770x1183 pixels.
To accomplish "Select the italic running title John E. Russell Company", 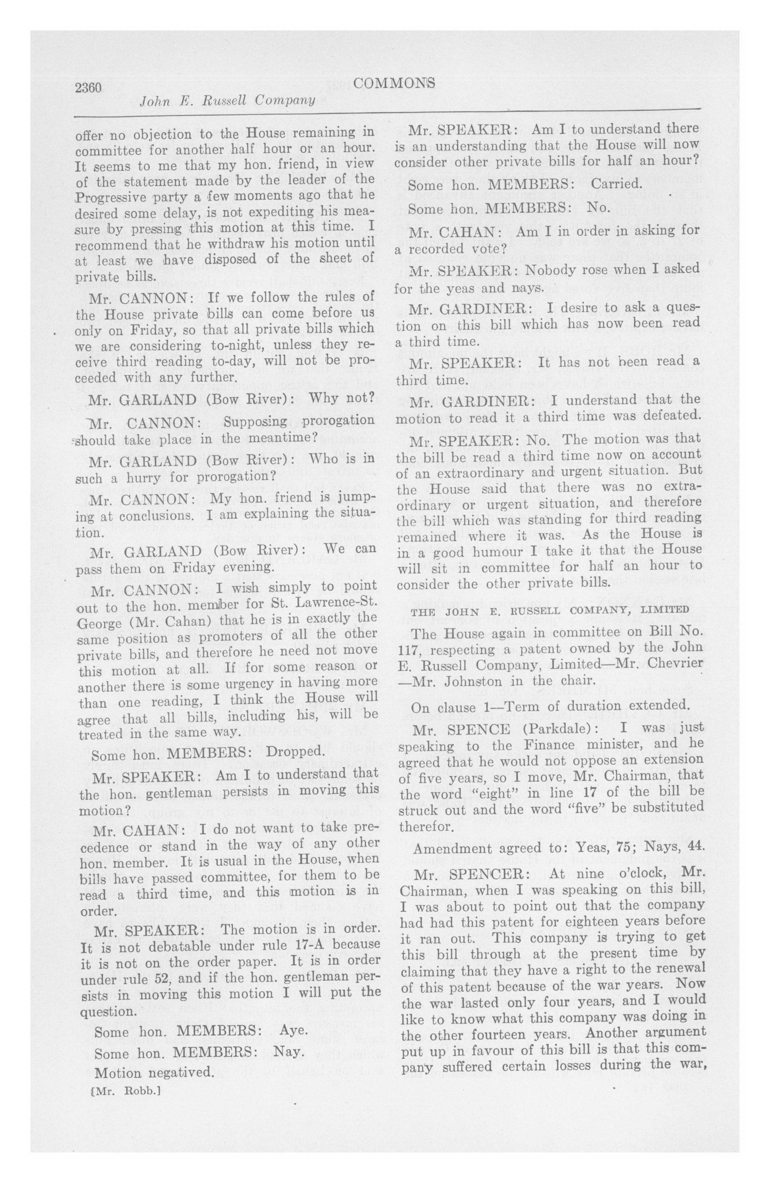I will point(228,101).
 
